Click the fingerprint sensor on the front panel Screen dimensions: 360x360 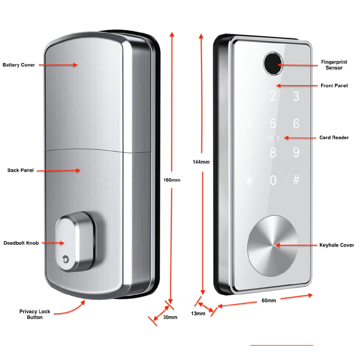coord(272,63)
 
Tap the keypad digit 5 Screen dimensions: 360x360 coord(273,123)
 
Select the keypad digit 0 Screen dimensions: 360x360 coord(273,180)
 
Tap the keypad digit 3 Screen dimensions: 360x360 coord(296,96)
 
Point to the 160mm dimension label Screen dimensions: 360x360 coord(172,180)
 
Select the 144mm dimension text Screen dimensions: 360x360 coord(201,162)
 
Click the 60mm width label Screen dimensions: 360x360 coord(269,300)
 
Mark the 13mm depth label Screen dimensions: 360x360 coord(198,313)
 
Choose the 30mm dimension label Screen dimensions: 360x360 coord(170,317)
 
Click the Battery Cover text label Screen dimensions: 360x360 coord(19,65)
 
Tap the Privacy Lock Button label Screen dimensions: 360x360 coord(35,314)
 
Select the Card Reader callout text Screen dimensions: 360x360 coord(334,138)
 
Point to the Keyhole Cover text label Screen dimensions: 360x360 coord(336,245)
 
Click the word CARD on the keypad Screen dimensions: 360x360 coord(273,138)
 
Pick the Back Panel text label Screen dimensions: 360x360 coord(20,170)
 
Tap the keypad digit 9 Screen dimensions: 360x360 coord(296,152)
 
